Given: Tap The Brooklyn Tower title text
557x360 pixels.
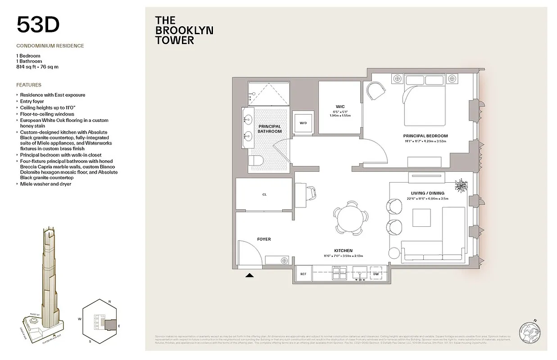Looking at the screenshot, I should tap(184, 30).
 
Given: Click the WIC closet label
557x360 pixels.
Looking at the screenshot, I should tap(340, 107).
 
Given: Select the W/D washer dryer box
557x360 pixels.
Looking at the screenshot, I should tap(303, 123).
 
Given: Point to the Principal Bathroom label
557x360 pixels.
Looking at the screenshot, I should tap(269, 129).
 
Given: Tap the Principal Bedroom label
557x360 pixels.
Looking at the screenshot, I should tap(425, 136).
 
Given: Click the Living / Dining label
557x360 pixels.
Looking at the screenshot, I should tap(427, 193).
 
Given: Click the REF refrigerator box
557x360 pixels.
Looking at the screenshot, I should tap(303, 273).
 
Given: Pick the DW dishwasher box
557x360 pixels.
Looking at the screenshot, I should tap(376, 273).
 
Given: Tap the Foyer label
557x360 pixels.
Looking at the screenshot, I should tap(263, 239).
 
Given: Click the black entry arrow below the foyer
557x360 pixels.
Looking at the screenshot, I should tap(249, 277).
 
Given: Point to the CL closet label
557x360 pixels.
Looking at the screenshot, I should tap(264, 195).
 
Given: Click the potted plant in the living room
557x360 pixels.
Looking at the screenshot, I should tap(461, 185).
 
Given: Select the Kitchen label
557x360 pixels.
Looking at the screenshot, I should tap(343, 251).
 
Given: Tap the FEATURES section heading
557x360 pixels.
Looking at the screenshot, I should tap(29, 85).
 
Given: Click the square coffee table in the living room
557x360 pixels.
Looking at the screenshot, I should tap(422, 218).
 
